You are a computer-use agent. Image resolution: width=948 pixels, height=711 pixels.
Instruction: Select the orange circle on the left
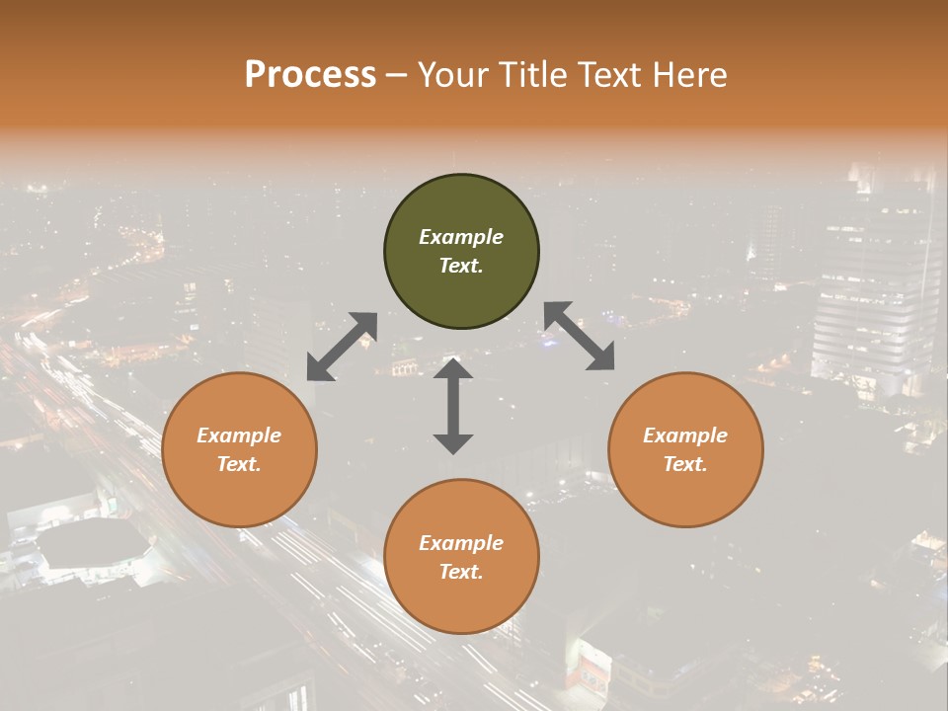click(239, 449)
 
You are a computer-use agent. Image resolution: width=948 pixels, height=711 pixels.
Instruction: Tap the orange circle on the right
click(685, 449)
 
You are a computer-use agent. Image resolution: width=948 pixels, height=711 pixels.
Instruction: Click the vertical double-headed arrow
click(453, 406)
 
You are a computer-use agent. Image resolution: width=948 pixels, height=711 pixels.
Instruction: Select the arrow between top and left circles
click(342, 347)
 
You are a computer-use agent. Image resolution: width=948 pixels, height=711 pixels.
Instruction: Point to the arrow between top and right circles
click(580, 336)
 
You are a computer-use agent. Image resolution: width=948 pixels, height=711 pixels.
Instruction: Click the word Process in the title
click(310, 74)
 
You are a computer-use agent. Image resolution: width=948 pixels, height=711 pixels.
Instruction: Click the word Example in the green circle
click(461, 237)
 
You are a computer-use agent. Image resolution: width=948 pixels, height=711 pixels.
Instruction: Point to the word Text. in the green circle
click(461, 266)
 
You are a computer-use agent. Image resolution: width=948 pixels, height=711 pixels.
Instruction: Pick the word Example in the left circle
click(239, 435)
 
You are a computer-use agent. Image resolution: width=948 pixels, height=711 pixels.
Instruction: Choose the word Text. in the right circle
click(685, 464)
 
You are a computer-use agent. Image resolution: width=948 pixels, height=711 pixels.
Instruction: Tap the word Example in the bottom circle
click(461, 543)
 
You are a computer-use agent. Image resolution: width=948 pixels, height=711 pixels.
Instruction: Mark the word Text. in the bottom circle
click(461, 572)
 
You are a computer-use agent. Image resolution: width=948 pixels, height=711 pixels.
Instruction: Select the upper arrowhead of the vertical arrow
click(453, 369)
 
